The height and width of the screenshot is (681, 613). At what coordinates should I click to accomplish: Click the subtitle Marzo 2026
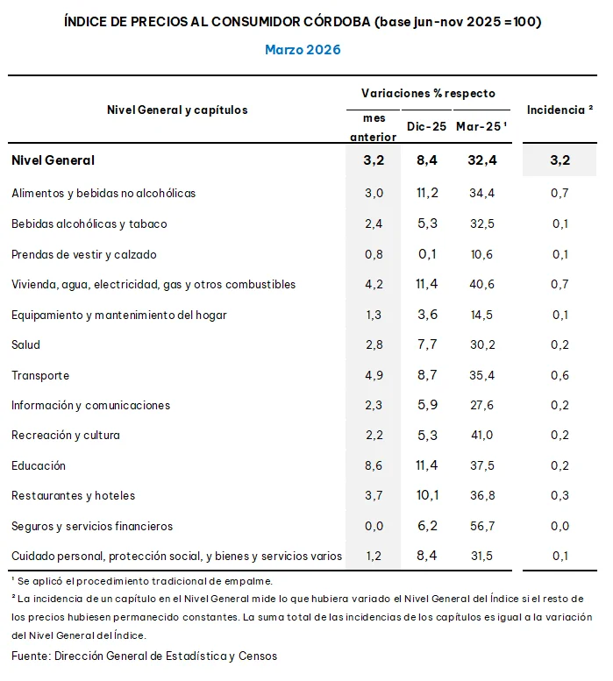point(303,50)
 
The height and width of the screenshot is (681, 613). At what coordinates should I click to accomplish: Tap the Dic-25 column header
point(426,126)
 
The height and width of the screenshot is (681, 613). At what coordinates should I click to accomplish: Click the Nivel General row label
point(53,160)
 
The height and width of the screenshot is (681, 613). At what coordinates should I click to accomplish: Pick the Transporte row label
point(40,375)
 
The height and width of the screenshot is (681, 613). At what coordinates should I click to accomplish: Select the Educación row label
point(39,465)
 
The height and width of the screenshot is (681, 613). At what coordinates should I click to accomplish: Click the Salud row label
point(26,344)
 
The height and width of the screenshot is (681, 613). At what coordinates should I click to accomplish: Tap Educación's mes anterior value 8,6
point(374,465)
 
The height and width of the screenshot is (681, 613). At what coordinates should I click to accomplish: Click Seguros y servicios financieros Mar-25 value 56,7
point(482,526)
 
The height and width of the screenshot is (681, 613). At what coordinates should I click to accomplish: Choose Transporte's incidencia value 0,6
point(560,375)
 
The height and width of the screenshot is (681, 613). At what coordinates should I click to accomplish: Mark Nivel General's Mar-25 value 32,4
point(482,160)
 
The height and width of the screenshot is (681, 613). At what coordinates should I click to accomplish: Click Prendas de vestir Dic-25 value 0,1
point(427,254)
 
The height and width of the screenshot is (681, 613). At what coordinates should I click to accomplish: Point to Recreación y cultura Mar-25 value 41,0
point(482,436)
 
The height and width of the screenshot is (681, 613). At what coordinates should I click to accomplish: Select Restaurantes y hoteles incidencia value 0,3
point(560,495)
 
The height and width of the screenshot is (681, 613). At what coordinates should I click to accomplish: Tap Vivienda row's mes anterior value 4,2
point(374,285)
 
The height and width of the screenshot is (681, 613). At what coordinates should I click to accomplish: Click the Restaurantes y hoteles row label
point(74,495)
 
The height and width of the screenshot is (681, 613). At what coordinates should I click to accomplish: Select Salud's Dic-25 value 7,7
point(427,344)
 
